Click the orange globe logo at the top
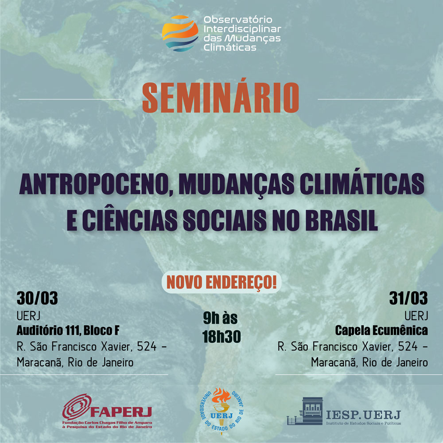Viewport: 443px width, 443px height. click(x=180, y=33)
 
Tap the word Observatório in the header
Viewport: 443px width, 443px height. click(x=238, y=20)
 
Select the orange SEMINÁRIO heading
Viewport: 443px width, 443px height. click(x=220, y=98)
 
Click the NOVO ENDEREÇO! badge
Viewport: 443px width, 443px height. click(x=221, y=282)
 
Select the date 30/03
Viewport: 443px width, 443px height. click(x=37, y=298)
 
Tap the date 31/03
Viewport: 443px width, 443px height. click(x=408, y=298)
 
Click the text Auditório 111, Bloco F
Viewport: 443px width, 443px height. click(x=68, y=330)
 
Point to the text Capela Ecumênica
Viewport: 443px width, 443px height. click(x=381, y=330)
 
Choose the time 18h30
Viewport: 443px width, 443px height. click(x=221, y=337)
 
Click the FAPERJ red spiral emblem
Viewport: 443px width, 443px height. click(x=77, y=407)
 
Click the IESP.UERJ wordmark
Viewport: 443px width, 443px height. click(x=363, y=415)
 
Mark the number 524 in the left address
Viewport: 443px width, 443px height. click(x=147, y=346)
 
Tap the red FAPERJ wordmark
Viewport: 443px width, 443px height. click(x=121, y=412)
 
